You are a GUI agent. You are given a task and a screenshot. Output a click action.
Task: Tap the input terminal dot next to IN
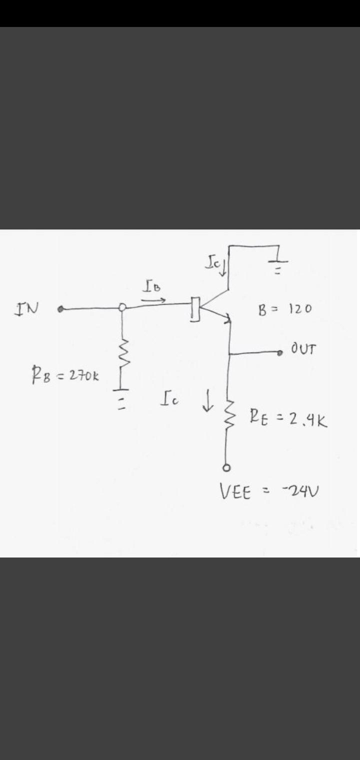point(60,309)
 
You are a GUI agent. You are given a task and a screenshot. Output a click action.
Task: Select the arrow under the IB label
point(152,300)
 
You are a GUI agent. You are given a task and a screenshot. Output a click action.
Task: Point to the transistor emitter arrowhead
point(229,318)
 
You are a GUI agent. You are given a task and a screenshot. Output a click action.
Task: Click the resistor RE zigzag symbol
point(228,415)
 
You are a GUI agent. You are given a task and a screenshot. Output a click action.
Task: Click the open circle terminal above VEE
point(226,468)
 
